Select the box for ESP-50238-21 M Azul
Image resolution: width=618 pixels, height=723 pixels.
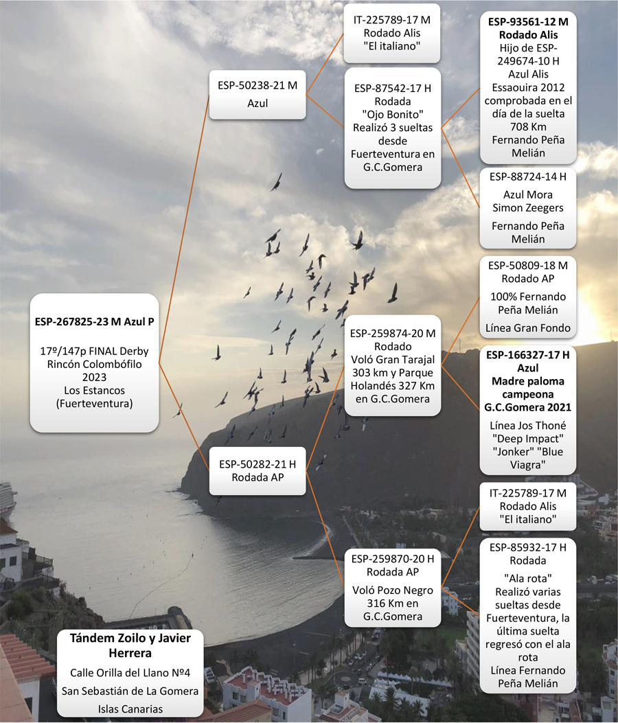coord(257,95)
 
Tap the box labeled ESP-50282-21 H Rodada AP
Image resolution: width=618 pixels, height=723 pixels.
coord(257,471)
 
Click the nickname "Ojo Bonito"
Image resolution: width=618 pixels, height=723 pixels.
coord(393,115)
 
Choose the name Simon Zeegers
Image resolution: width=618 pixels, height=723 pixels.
coord(528,208)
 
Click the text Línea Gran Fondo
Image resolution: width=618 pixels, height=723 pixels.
coord(528,328)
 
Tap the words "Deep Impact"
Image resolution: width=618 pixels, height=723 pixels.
coord(528,439)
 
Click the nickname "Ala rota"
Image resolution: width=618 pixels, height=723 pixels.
coord(528,578)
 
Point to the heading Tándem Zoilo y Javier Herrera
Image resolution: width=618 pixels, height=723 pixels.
coord(130,645)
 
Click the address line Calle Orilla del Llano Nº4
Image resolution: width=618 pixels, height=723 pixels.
coord(130,673)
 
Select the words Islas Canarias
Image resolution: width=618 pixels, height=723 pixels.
coord(130,709)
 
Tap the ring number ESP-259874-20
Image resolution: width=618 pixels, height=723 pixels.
coord(387,334)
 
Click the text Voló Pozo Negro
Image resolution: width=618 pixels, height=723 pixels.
coord(393,590)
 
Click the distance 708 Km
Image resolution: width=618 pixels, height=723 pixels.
coord(528,127)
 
